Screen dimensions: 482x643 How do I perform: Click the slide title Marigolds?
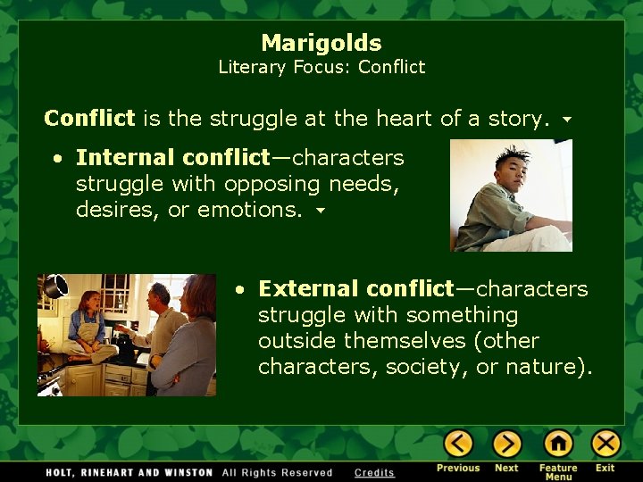click(321, 43)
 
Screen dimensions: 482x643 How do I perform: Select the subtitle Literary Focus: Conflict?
click(321, 67)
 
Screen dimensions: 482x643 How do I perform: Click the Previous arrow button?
click(458, 444)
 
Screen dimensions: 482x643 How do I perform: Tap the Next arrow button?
click(506, 444)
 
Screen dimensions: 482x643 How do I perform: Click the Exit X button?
click(605, 444)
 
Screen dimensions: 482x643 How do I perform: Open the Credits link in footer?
click(373, 472)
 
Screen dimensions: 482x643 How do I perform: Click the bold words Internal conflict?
click(171, 158)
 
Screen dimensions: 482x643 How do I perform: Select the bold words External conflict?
click(355, 289)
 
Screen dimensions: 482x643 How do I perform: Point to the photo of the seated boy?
click(511, 195)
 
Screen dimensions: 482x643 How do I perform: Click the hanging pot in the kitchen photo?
click(55, 287)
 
